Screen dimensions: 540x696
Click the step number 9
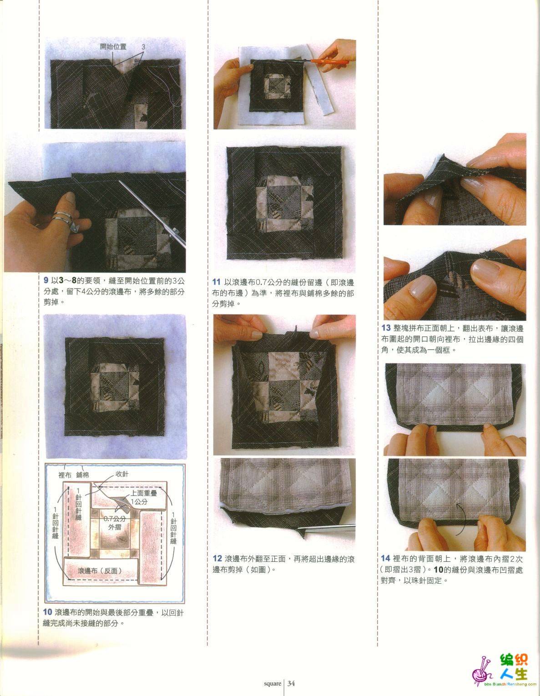[x=46, y=280]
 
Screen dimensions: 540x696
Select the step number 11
[x=217, y=282]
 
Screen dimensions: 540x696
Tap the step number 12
[x=217, y=559]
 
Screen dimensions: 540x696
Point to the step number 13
[x=386, y=328]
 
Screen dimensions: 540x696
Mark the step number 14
[x=385, y=559]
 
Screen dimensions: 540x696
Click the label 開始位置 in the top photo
[x=113, y=47]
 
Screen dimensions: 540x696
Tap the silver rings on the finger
[x=65, y=219]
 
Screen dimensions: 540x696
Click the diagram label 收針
[x=122, y=474]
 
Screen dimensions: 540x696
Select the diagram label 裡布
[x=65, y=475]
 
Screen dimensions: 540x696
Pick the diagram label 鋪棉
[x=83, y=475]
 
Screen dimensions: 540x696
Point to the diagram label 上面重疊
[x=144, y=493]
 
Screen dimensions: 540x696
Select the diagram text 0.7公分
[x=115, y=519]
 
